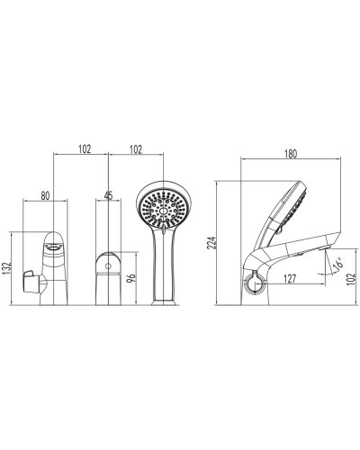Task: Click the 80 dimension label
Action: (45, 196)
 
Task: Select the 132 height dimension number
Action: (6, 268)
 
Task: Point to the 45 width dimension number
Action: (108, 195)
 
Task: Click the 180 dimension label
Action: (291, 154)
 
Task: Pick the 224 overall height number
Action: (212, 243)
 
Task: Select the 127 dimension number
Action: (290, 279)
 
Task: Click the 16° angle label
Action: (338, 263)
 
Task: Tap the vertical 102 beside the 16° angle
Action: (350, 279)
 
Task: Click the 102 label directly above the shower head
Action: (136, 149)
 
